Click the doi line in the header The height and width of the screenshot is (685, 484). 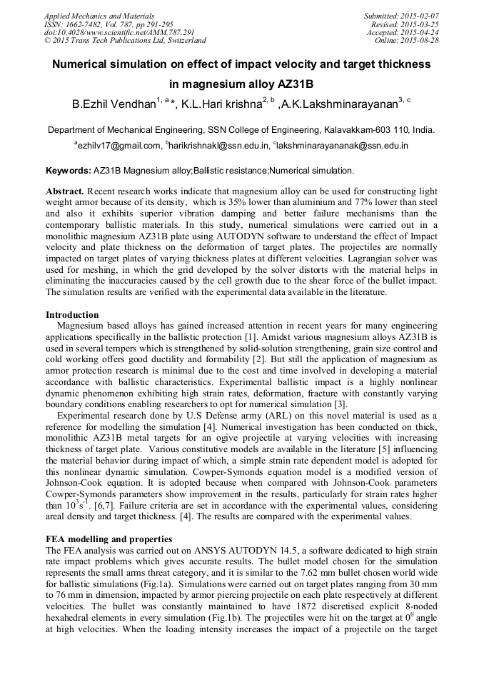119,33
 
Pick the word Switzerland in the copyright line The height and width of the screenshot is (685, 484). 178,41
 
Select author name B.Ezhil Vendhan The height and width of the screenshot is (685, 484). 114,105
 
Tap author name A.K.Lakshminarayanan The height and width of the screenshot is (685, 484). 338,105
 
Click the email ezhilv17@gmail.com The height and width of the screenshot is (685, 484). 119,146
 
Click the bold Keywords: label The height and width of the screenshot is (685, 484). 69,171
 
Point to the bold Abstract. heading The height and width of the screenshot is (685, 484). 66,193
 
